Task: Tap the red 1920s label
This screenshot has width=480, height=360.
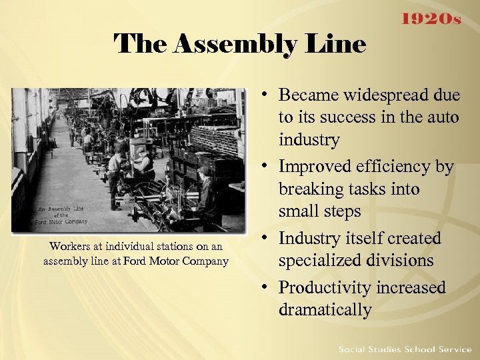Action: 431,19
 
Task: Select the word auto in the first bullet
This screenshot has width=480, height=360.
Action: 443,117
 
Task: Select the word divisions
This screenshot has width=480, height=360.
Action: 401,261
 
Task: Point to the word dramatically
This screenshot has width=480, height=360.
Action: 325,310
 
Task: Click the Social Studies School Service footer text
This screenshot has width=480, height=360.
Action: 405,349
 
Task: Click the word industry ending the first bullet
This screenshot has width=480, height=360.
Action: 309,140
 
